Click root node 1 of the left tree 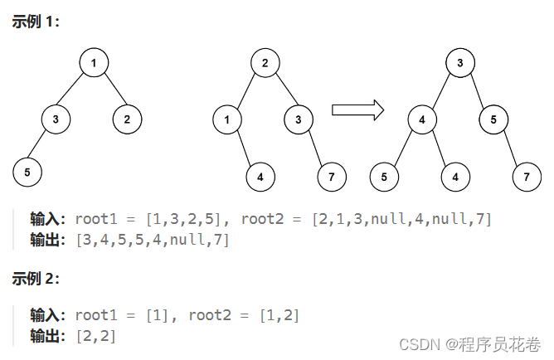(95, 63)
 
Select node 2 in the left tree (127, 119)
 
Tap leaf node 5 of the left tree (27, 172)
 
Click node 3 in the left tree (56, 119)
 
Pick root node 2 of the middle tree (264, 63)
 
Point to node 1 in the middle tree (226, 119)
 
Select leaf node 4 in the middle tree (260, 176)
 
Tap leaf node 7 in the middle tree (332, 176)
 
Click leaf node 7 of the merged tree (526, 176)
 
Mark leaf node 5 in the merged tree (384, 176)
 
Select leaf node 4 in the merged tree (455, 176)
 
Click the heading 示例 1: (36, 21)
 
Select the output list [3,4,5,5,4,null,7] (152, 241)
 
